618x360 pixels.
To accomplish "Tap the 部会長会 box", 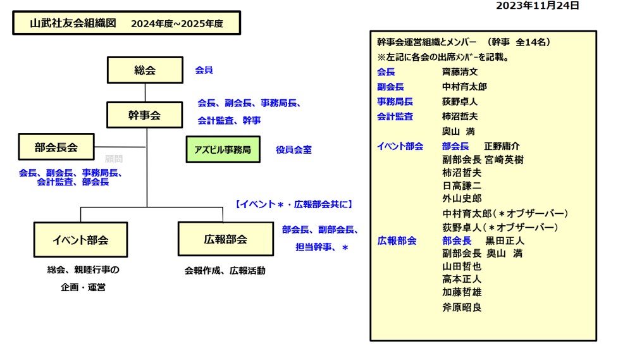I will (x=56, y=147).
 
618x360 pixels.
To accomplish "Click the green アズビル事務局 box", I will (x=223, y=150).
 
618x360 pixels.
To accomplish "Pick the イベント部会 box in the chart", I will (x=80, y=240).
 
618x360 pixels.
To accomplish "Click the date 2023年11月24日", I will (x=537, y=6).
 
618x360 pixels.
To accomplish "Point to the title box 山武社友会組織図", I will (x=127, y=23).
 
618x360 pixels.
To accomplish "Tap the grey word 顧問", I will (x=114, y=159).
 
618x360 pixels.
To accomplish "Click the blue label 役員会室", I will (x=294, y=150).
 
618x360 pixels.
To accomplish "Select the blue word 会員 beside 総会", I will (x=204, y=70).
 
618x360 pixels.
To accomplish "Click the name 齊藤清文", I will (x=460, y=72).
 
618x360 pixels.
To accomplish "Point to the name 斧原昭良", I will (x=462, y=307).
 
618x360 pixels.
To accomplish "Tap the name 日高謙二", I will (x=462, y=185).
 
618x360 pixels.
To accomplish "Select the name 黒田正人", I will (x=505, y=240).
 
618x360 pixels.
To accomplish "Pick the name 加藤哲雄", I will (x=462, y=292).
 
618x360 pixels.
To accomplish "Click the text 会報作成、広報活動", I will (x=225, y=270).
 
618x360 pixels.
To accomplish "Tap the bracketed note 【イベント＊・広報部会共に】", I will (x=294, y=204).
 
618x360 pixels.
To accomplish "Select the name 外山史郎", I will (x=462, y=198).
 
